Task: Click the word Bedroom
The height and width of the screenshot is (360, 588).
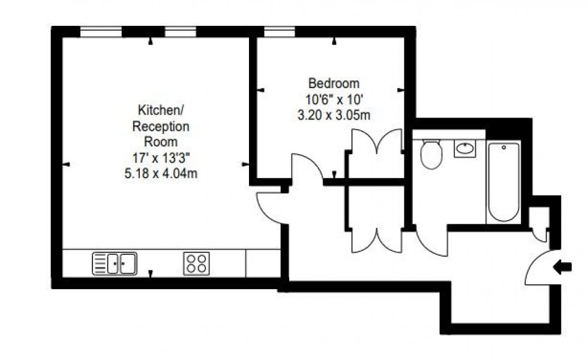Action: (334, 83)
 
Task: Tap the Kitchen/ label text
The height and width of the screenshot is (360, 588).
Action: (160, 110)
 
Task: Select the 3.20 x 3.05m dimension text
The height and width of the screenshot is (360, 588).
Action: (334, 115)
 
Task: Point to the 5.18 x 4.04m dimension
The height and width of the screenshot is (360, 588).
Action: (160, 175)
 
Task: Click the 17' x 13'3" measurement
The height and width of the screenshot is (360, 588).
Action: (160, 158)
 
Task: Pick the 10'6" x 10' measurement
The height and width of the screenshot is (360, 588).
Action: (334, 99)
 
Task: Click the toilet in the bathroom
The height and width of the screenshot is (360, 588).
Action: (431, 153)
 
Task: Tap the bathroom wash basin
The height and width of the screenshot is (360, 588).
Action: (464, 148)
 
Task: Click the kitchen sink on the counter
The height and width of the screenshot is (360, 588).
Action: (114, 263)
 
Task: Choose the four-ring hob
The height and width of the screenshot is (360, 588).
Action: (196, 263)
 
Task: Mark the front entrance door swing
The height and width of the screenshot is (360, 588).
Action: (540, 269)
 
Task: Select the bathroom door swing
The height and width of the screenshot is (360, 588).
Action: (431, 242)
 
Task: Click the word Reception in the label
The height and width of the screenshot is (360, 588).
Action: (160, 127)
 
